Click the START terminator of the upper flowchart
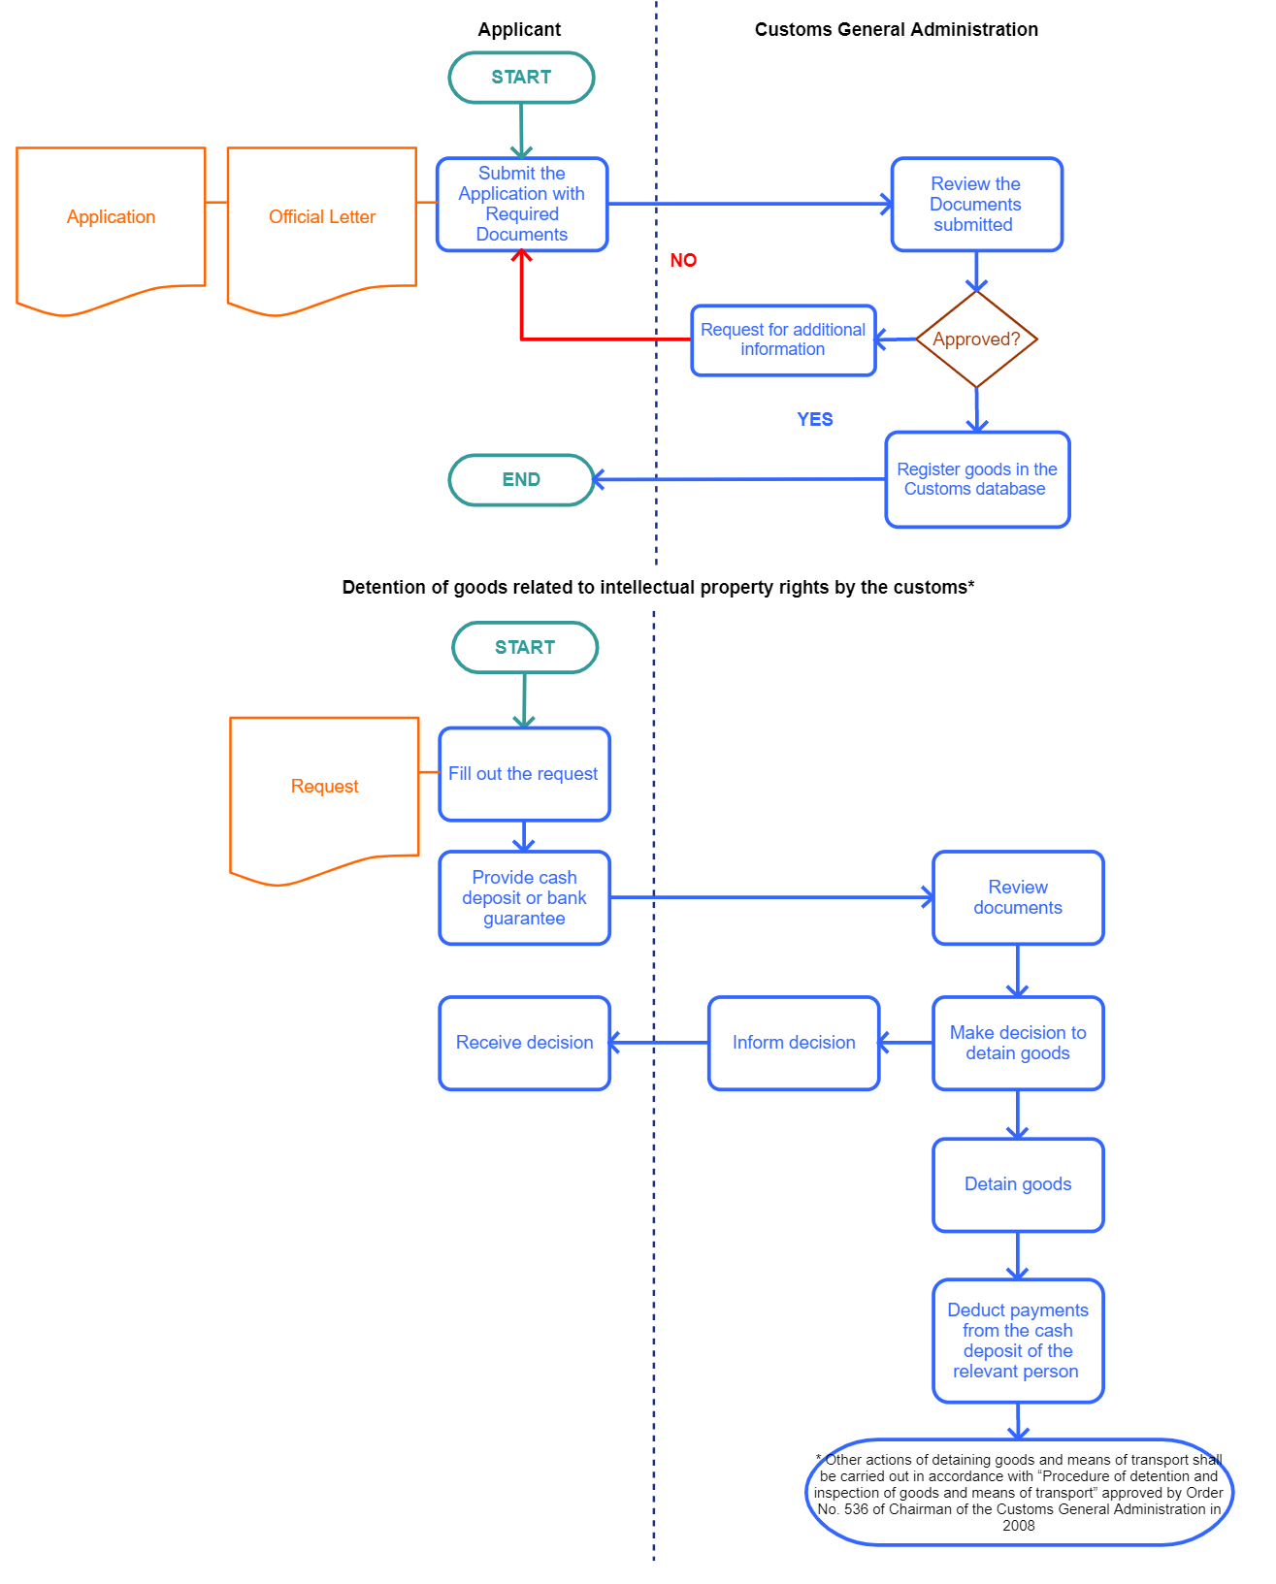coord(521,78)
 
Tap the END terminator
coord(521,480)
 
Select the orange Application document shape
coord(111,217)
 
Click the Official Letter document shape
coord(321,217)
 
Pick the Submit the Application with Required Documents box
coord(522,204)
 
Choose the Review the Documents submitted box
coord(976,204)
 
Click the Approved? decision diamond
coord(976,339)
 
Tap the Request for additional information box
coord(783,339)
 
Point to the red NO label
coord(683,260)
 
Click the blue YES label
coord(815,419)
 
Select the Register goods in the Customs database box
coord(977,479)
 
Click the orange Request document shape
coord(324,787)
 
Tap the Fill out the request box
coord(524,774)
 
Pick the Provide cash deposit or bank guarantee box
coord(524,898)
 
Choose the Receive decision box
coord(524,1043)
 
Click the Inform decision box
coord(794,1043)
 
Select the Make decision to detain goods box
coord(1018,1043)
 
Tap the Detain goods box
coord(1018,1184)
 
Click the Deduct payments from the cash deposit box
coord(1018,1341)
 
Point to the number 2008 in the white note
coord(1019,1526)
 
